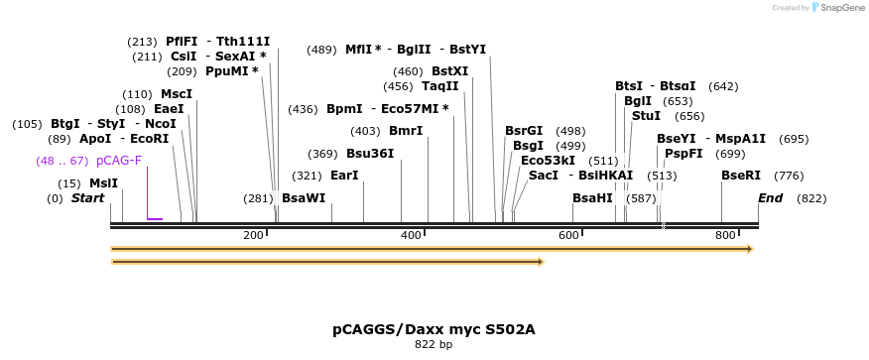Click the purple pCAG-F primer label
(x=118, y=161)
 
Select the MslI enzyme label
(x=103, y=183)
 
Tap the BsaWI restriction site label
(x=303, y=198)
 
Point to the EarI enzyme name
(x=344, y=176)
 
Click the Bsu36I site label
(x=369, y=154)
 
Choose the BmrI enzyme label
(x=405, y=131)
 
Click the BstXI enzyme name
(x=449, y=71)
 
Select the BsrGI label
(x=524, y=131)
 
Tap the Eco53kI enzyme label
(x=548, y=161)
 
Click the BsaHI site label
(x=592, y=198)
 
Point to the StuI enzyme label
(x=646, y=116)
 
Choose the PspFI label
(x=683, y=154)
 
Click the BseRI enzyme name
(x=740, y=176)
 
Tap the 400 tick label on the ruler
(x=410, y=235)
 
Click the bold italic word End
(x=770, y=198)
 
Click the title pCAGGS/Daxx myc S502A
(x=434, y=328)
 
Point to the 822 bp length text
(x=434, y=345)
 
